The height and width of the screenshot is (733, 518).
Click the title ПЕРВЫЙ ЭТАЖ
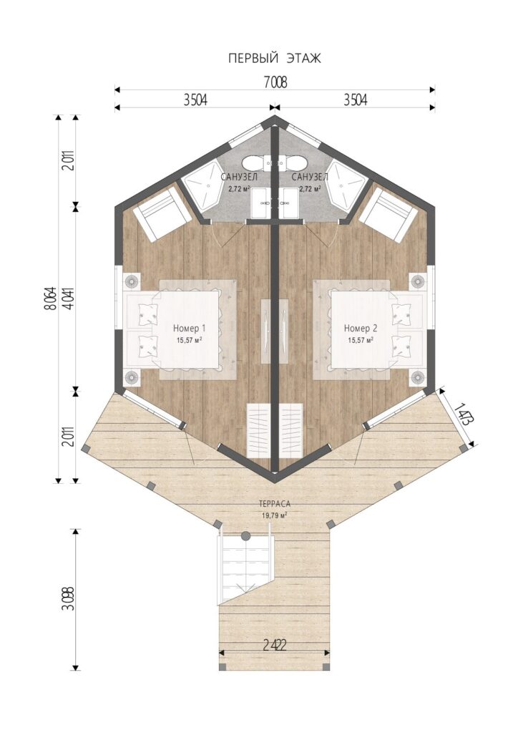(x=275, y=59)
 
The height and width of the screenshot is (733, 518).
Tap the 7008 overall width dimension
(x=275, y=82)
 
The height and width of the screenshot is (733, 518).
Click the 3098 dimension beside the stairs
(x=71, y=599)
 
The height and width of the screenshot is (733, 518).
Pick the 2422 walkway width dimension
(x=274, y=646)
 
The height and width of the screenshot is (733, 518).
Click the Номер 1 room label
(x=189, y=328)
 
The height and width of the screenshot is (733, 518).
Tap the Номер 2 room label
(x=361, y=328)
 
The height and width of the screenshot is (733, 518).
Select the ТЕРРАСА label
(x=275, y=504)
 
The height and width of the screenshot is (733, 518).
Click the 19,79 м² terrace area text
(x=275, y=515)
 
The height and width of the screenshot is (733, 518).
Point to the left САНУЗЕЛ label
(x=239, y=178)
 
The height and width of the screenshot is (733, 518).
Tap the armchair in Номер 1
(x=162, y=215)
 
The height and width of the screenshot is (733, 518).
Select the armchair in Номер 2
(x=388, y=215)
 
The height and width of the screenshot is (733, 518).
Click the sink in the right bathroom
(x=291, y=203)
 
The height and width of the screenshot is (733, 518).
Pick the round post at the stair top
(x=245, y=535)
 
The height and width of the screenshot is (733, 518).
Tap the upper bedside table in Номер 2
(x=418, y=282)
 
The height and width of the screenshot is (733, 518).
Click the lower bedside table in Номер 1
(x=132, y=377)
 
